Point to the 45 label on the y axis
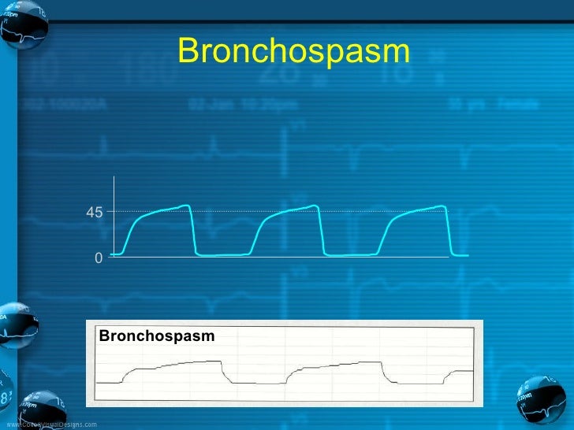(x=94, y=212)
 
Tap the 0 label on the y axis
(x=98, y=258)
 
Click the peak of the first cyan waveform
(x=187, y=206)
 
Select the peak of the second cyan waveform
(x=315, y=206)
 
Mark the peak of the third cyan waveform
(x=444, y=206)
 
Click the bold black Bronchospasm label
(x=157, y=336)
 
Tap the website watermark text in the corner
(x=52, y=424)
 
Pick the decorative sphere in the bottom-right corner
(x=542, y=400)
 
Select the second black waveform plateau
(x=339, y=364)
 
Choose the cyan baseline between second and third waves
(x=351, y=255)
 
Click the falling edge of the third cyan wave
(x=449, y=232)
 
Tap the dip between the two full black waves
(x=256, y=382)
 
